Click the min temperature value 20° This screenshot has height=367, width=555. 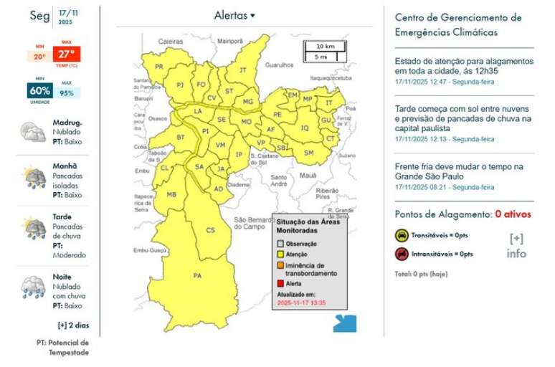point(39,57)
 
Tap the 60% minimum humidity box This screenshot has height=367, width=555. point(40,91)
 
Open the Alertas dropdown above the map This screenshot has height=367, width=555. point(234,15)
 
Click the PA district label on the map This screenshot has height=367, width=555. point(198,276)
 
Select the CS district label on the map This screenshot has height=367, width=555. point(211,230)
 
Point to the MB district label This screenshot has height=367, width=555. point(171,194)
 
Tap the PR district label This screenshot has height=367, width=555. point(160,67)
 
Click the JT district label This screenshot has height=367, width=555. point(242,70)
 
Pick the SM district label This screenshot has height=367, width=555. point(309,153)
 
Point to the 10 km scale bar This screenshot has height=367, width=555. point(325,46)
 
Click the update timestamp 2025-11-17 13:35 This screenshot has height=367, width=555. point(301,303)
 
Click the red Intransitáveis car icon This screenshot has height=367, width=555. point(402,254)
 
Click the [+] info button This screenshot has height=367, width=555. point(516,245)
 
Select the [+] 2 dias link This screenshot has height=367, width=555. point(73,324)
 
